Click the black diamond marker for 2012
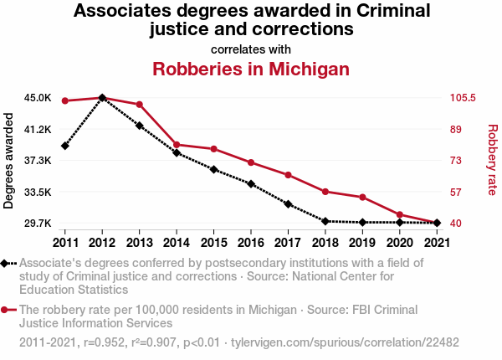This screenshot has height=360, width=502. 102,98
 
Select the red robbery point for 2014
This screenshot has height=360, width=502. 177,145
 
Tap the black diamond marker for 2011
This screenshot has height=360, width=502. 65,147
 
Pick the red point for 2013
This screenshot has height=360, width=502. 140,105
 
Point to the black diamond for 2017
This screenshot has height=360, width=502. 288,204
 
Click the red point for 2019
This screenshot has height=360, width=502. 362,198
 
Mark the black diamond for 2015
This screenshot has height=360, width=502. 213,170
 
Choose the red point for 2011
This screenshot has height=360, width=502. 65,101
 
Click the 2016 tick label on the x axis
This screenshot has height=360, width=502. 251,242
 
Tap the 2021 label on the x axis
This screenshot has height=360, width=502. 436,242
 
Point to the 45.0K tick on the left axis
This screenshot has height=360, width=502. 38,98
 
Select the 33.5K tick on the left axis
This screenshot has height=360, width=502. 38,192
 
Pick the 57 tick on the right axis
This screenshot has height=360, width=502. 456,192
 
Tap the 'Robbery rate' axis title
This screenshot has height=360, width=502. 493,161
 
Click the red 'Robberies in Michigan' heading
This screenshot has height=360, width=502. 251,69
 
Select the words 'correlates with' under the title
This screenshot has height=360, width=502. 251,48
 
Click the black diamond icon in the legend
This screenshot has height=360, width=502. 7,264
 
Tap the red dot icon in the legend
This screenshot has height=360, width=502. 7,310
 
